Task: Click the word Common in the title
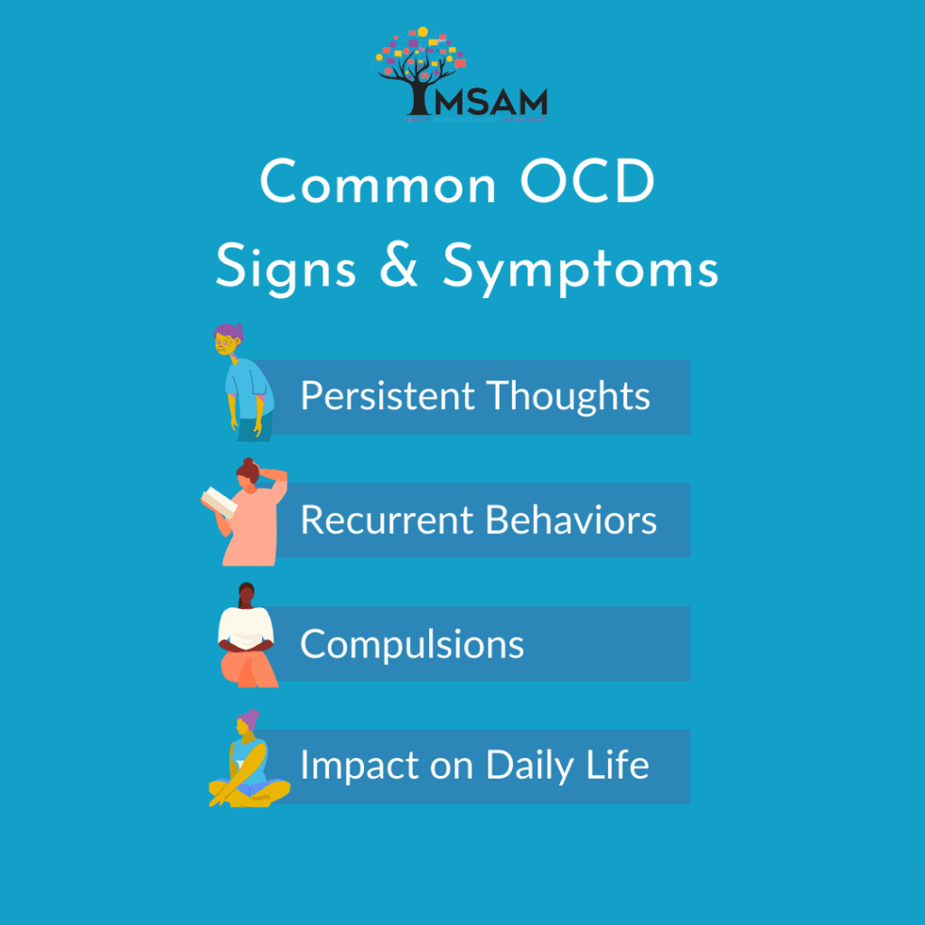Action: (x=378, y=185)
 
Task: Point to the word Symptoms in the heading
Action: (x=580, y=269)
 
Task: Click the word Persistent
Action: (x=388, y=397)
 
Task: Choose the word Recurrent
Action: (x=387, y=520)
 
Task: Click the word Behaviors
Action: (x=571, y=520)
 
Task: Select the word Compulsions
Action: (x=412, y=644)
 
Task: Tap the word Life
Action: (x=621, y=766)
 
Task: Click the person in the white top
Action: (x=245, y=637)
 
